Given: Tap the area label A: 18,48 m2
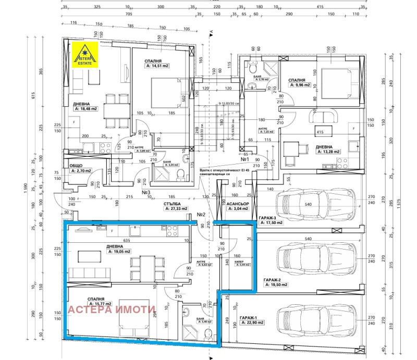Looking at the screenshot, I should (x=91, y=109).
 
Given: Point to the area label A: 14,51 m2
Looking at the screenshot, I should (x=157, y=67).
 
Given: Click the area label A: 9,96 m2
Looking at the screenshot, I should (x=300, y=85).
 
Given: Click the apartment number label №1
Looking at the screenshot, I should (x=245, y=159).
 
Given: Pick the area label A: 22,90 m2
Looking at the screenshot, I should (x=256, y=324).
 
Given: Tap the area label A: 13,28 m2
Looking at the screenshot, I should (x=328, y=152).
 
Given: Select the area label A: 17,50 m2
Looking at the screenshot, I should (x=271, y=222).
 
